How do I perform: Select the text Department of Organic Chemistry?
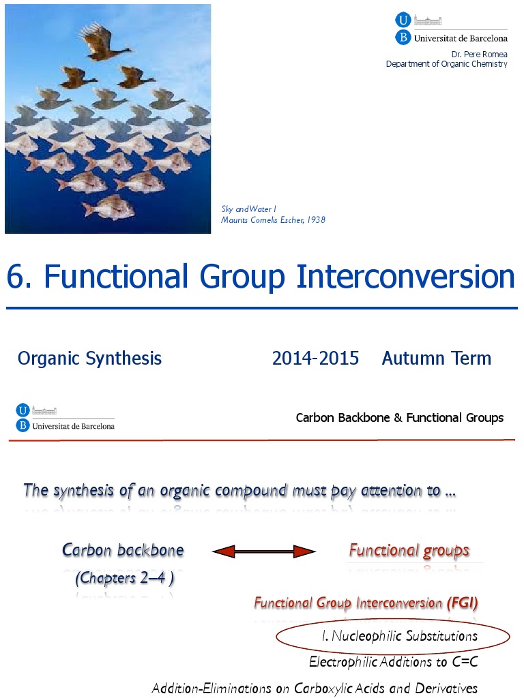tap(447, 64)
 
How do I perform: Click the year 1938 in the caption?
tap(316, 219)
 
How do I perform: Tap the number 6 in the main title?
tap(15, 277)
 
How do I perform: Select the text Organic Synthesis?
tap(89, 359)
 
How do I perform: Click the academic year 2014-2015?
tap(315, 359)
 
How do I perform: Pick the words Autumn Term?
tap(436, 359)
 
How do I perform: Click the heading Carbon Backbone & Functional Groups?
tap(399, 418)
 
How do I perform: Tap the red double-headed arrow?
tap(264, 551)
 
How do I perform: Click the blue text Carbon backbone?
tap(123, 550)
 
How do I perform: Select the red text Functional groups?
tap(409, 550)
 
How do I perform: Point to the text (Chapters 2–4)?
tap(124, 578)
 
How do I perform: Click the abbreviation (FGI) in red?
tap(463, 603)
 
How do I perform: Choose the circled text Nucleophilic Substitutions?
tap(400, 636)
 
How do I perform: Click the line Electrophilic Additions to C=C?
tap(393, 661)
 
